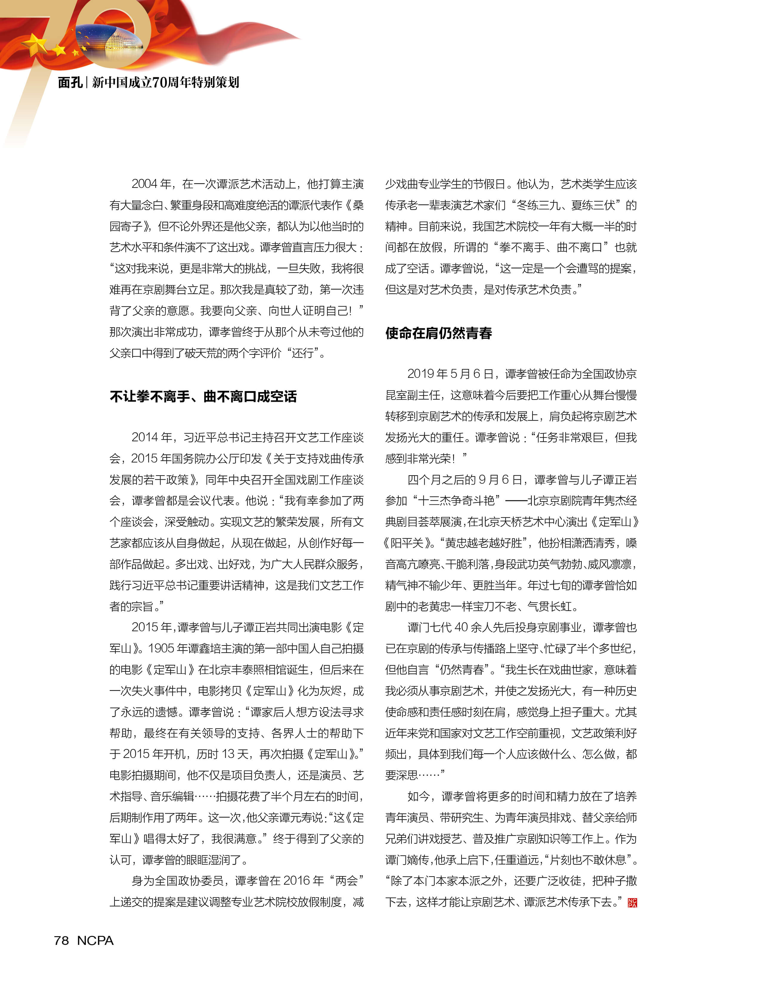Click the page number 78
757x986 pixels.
pyautogui.click(x=61, y=940)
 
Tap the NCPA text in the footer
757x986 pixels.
pyautogui.click(x=95, y=940)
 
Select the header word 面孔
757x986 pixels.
pyautogui.click(x=70, y=83)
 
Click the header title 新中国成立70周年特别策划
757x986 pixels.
pyautogui.click(x=165, y=83)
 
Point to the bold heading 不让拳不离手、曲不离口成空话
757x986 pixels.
pyautogui.click(x=203, y=397)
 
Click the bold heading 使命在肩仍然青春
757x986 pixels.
pyautogui.click(x=439, y=333)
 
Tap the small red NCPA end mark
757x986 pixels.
pyautogui.click(x=632, y=903)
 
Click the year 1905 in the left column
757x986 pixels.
pyautogui.click(x=161, y=648)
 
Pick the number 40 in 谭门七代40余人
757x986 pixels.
pyautogui.click(x=462, y=627)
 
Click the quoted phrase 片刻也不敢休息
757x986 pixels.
pyautogui.click(x=588, y=860)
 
